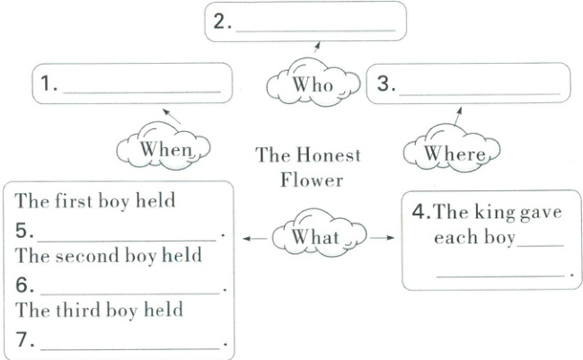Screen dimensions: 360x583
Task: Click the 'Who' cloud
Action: point(314,86)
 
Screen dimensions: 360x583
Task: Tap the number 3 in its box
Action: point(384,85)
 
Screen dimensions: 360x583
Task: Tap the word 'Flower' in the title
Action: point(311,180)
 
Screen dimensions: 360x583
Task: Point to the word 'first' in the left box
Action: point(76,200)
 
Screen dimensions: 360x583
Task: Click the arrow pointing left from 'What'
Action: point(255,239)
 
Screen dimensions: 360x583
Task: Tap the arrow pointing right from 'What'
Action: point(381,238)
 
